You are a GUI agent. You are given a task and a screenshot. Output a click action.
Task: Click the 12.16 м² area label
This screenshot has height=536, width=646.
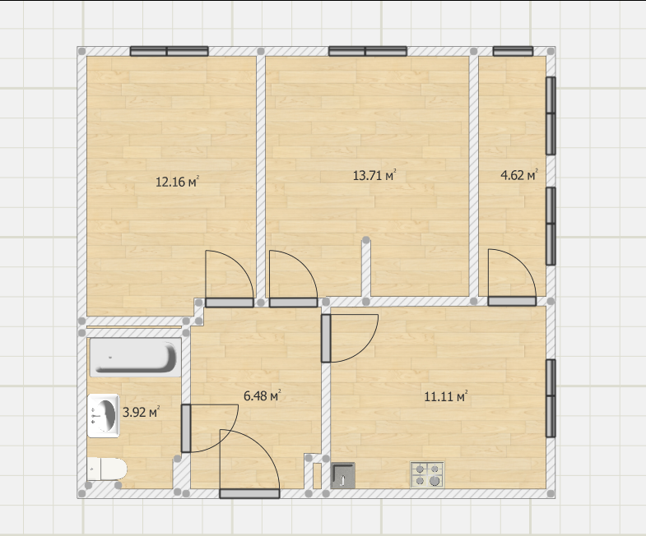(x=178, y=182)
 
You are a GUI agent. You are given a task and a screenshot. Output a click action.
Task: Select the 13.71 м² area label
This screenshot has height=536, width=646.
(x=374, y=175)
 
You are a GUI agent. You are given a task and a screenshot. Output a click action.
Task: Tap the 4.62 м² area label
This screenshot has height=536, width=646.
(x=519, y=175)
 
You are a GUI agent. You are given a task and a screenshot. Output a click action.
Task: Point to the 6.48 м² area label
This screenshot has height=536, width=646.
(x=263, y=396)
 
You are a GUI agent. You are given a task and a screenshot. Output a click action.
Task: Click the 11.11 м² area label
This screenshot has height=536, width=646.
(x=446, y=396)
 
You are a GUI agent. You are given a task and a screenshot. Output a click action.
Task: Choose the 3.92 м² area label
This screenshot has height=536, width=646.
(x=142, y=412)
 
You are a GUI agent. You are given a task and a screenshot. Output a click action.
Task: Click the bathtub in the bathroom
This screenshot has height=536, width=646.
(x=136, y=357)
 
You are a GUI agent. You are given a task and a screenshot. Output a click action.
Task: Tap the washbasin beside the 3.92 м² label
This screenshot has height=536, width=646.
(x=104, y=415)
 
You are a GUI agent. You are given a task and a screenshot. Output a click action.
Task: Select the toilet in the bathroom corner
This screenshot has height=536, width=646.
(x=107, y=469)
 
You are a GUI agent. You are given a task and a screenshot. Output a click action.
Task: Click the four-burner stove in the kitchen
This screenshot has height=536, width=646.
(x=427, y=474)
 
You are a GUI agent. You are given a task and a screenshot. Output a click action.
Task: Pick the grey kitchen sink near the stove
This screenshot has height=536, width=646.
(x=343, y=475)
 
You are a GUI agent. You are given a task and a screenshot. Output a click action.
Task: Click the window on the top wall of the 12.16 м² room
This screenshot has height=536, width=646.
(x=170, y=51)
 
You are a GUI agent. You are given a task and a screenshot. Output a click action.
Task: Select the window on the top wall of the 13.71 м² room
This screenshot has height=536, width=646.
(x=368, y=51)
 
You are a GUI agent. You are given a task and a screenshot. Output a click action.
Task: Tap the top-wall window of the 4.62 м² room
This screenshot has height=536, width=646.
(x=513, y=51)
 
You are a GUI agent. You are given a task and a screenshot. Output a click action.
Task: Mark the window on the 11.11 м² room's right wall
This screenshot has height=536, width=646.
(x=551, y=398)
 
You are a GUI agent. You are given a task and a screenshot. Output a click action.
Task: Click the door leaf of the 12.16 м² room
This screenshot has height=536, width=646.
(x=230, y=303)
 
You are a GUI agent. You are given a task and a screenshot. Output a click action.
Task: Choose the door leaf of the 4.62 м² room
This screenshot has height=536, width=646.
(x=512, y=301)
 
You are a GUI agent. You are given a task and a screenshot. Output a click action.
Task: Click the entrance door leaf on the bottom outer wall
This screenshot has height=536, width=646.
(x=249, y=493)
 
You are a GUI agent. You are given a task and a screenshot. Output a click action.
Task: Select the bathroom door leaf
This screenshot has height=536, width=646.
(x=186, y=428)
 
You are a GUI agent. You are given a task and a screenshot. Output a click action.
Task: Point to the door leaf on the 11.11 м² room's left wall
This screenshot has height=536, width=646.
(x=326, y=339)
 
